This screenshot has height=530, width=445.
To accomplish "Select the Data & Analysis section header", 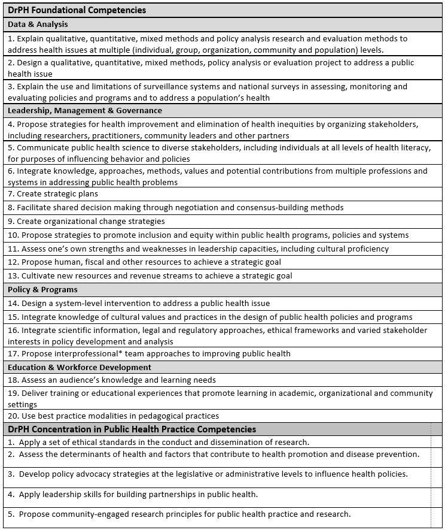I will point(38,25).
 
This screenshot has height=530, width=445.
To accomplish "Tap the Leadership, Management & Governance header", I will point(85,111).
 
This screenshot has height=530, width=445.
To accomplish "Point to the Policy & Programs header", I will point(42,290).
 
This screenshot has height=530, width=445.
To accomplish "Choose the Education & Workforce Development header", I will point(80,367).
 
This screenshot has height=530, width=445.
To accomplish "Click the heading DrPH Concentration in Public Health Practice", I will point(132,429).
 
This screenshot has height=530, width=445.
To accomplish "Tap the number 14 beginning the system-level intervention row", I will point(13,304).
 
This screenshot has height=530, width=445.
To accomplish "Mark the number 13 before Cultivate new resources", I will point(13,276).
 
